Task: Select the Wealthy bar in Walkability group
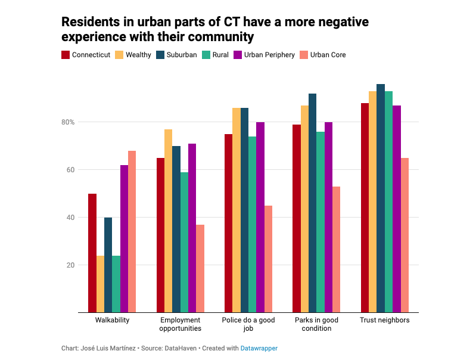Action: (x=100, y=284)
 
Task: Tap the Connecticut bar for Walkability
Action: (x=92, y=253)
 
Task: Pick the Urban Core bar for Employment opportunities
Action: (x=200, y=268)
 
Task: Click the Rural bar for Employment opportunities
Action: (x=184, y=242)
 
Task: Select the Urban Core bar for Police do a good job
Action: (x=268, y=259)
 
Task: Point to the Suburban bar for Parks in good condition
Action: (x=312, y=203)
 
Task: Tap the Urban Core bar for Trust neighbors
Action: (x=405, y=235)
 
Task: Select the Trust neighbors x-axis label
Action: (x=384, y=320)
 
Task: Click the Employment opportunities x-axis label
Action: (x=180, y=324)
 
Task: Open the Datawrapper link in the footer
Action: (x=259, y=348)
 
